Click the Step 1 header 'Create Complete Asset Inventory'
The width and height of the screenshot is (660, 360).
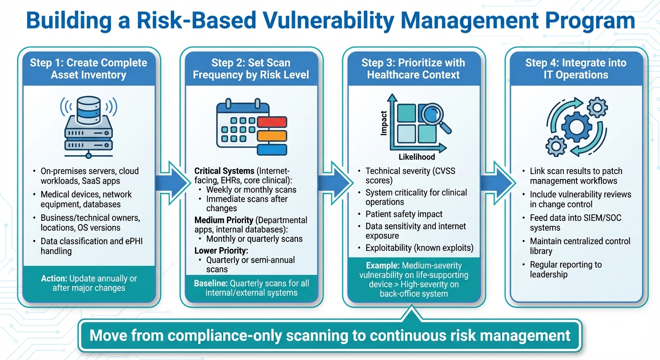88,68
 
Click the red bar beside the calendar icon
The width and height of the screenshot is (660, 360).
271,121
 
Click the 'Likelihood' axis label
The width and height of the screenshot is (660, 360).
416,157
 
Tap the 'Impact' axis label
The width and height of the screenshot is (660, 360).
383,123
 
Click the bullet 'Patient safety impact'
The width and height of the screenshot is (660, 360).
404,214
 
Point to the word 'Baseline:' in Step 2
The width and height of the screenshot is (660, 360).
210,283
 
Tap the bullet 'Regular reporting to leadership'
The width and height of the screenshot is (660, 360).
565,270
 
